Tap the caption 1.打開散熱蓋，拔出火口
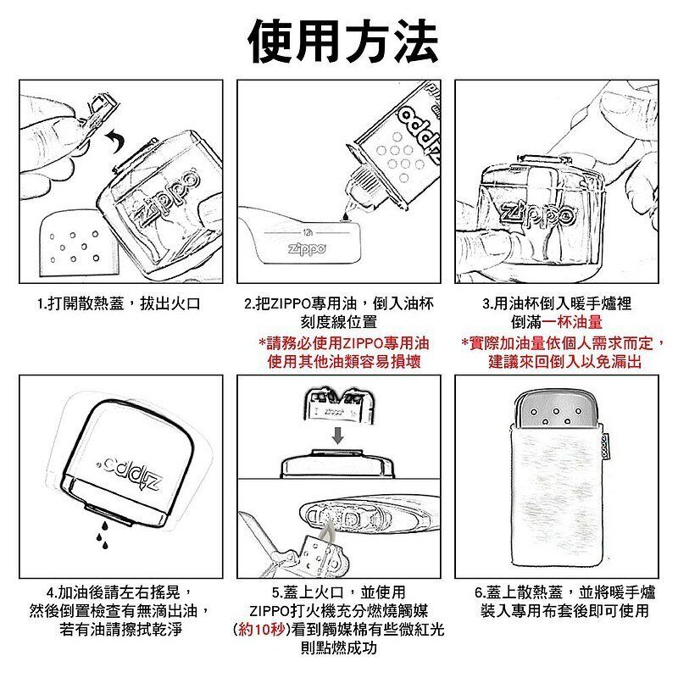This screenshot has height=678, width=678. click(119, 303)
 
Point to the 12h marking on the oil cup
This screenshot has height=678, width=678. click(308, 232)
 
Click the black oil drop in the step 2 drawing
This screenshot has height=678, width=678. click(346, 215)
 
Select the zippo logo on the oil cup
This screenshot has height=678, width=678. click(308, 249)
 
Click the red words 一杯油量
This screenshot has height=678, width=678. click(572, 322)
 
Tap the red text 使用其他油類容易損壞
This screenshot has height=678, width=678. click(344, 361)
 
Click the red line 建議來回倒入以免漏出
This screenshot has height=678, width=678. click(564, 362)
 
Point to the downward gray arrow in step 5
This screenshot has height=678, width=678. click(338, 435)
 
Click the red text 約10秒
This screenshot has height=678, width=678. click(260, 629)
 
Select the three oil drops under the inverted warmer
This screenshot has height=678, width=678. click(102, 535)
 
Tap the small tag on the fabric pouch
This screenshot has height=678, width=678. click(606, 447)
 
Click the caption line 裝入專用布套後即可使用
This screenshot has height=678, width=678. click(564, 610)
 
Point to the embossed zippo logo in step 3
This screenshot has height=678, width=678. click(537, 215)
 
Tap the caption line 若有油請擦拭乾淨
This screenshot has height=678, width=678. click(121, 629)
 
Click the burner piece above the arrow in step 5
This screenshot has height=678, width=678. click(338, 406)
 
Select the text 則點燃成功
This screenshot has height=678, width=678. click(338, 647)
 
